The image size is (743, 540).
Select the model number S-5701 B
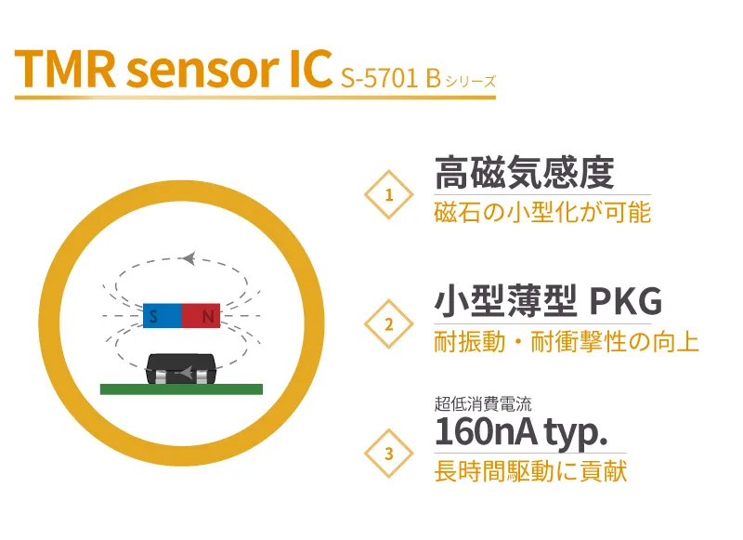click(389, 77)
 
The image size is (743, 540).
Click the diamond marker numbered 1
click(388, 194)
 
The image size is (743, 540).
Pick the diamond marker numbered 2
click(388, 324)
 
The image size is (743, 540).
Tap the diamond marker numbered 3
click(388, 454)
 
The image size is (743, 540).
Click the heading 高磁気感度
click(525, 173)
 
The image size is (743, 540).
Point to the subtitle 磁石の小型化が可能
click(542, 212)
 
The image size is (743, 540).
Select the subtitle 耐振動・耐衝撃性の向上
click(567, 342)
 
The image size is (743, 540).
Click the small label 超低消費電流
click(482, 404)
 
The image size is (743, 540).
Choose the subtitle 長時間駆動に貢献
click(530, 471)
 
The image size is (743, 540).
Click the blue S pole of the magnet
click(163, 317)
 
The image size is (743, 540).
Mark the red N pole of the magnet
click(202, 317)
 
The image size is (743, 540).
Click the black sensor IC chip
click(182, 367)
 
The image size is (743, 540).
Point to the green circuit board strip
click(182, 389)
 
